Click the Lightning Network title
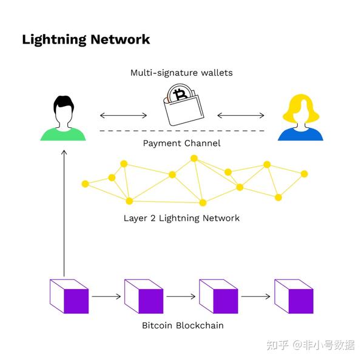click(86, 40)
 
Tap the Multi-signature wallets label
click(181, 73)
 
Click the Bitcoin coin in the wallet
click(180, 96)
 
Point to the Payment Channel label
click(181, 144)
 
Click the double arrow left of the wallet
click(123, 115)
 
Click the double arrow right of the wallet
click(241, 115)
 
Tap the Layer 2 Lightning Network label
click(181, 218)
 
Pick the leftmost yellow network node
click(85, 183)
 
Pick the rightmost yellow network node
click(304, 174)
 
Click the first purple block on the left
click(69, 296)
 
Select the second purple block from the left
click(144, 296)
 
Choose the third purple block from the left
click(218, 296)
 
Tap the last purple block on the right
click(294, 296)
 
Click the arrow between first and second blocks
click(106, 297)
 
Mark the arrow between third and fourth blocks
click(255, 297)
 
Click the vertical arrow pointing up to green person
click(64, 212)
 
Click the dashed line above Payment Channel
click(181, 131)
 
